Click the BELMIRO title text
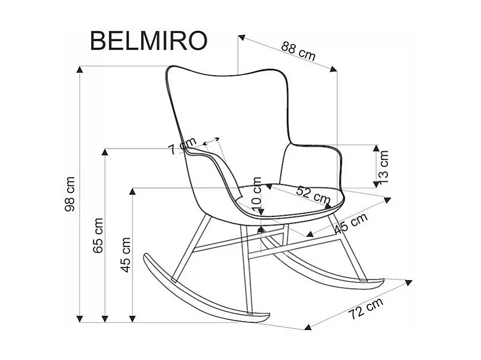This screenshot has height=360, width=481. click(x=148, y=41)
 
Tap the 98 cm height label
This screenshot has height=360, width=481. click(x=70, y=194)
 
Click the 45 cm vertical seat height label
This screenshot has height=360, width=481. click(x=125, y=255)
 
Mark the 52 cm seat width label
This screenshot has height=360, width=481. click(x=313, y=194)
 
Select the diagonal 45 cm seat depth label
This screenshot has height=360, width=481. click(x=350, y=223)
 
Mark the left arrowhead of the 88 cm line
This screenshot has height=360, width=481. click(x=241, y=38)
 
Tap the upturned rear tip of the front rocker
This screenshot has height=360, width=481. click(x=146, y=257)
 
